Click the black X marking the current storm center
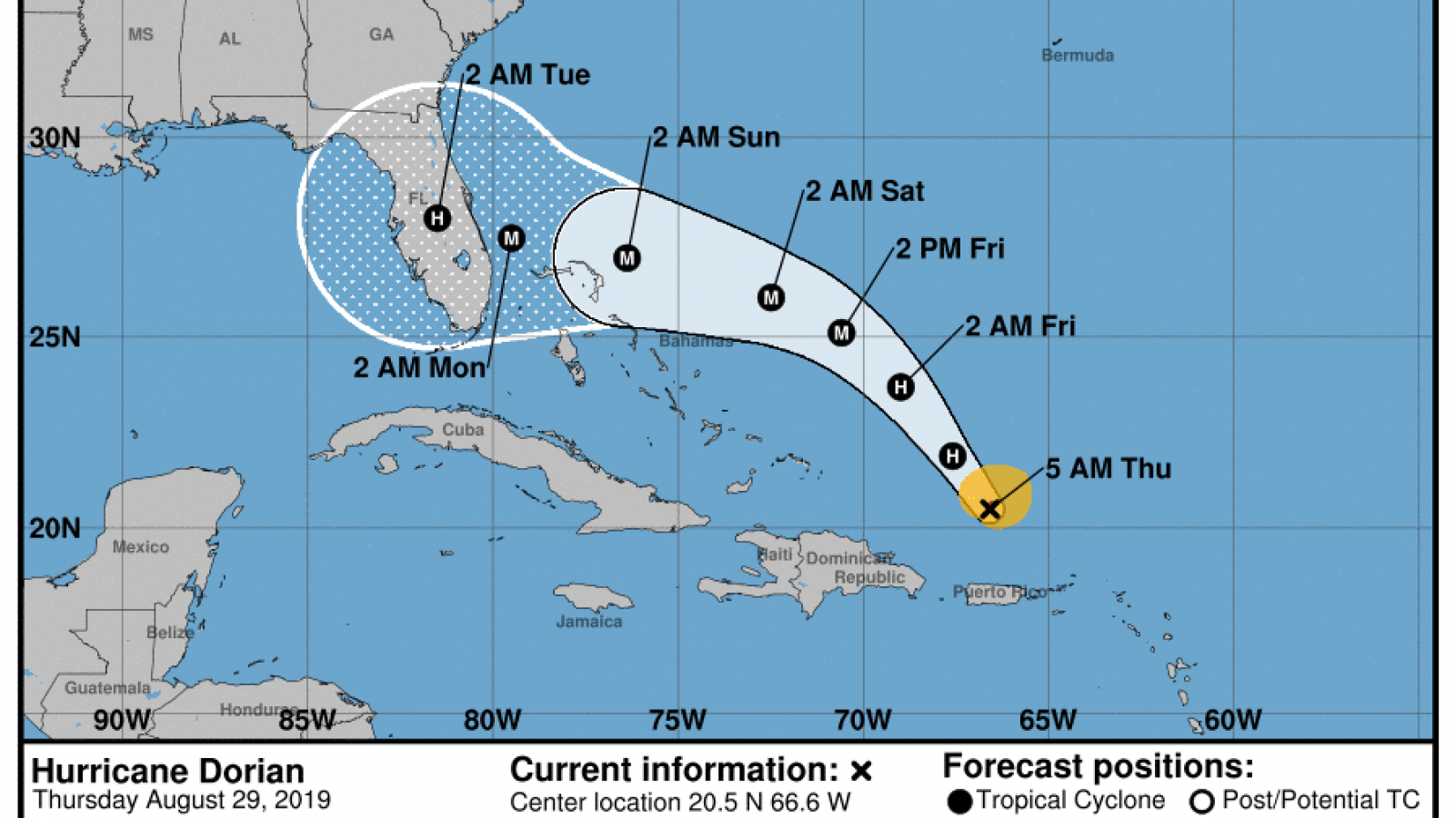coord(990,509)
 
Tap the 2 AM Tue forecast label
coord(527,75)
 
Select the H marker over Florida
coord(437,218)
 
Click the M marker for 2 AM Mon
coord(511,238)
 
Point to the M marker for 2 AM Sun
coord(627,258)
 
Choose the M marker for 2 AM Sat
coord(771,297)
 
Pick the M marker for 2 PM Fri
coord(841,333)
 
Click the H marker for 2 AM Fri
coord(900,387)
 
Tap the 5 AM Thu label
coord(1108,469)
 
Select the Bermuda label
coord(1078,55)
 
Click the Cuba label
coord(463,430)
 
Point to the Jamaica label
coord(589,622)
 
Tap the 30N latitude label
coord(55,138)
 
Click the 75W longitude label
coord(677,721)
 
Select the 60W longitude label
coord(1233,721)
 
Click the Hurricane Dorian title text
coord(168,771)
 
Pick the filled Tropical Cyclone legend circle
coord(959,802)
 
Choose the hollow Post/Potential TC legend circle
coord(1202,802)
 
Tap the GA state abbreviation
coord(381,35)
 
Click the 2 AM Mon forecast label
coord(419,367)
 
